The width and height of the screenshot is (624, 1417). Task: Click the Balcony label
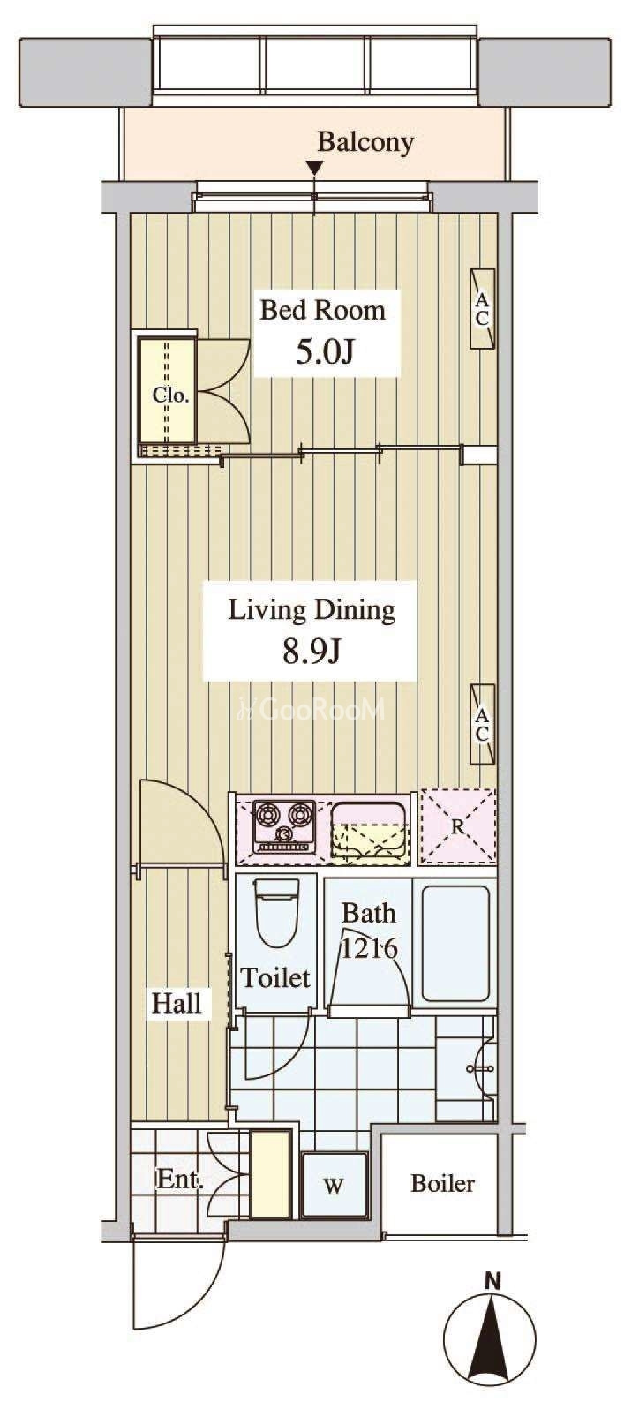pyautogui.click(x=365, y=142)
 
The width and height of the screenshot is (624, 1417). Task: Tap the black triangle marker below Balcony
pyautogui.click(x=314, y=169)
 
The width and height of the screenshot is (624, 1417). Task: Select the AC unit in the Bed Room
pyautogui.click(x=483, y=309)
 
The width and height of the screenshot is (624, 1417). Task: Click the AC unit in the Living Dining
pyautogui.click(x=483, y=725)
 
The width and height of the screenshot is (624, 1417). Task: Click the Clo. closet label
pyautogui.click(x=170, y=396)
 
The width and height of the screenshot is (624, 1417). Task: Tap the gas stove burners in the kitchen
pyautogui.click(x=284, y=827)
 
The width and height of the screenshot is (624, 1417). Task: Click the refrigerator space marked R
pyautogui.click(x=458, y=826)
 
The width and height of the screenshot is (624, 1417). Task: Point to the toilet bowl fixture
pyautogui.click(x=276, y=912)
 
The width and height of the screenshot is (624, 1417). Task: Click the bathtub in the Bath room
pyautogui.click(x=455, y=943)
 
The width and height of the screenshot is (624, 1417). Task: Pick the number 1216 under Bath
pyautogui.click(x=369, y=949)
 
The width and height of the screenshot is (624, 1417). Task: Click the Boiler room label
pyautogui.click(x=442, y=1183)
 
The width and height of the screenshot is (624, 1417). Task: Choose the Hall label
pyautogui.click(x=177, y=1003)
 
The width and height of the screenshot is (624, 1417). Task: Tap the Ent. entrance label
pyautogui.click(x=180, y=1180)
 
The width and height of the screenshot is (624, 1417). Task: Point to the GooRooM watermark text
pyautogui.click(x=311, y=710)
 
